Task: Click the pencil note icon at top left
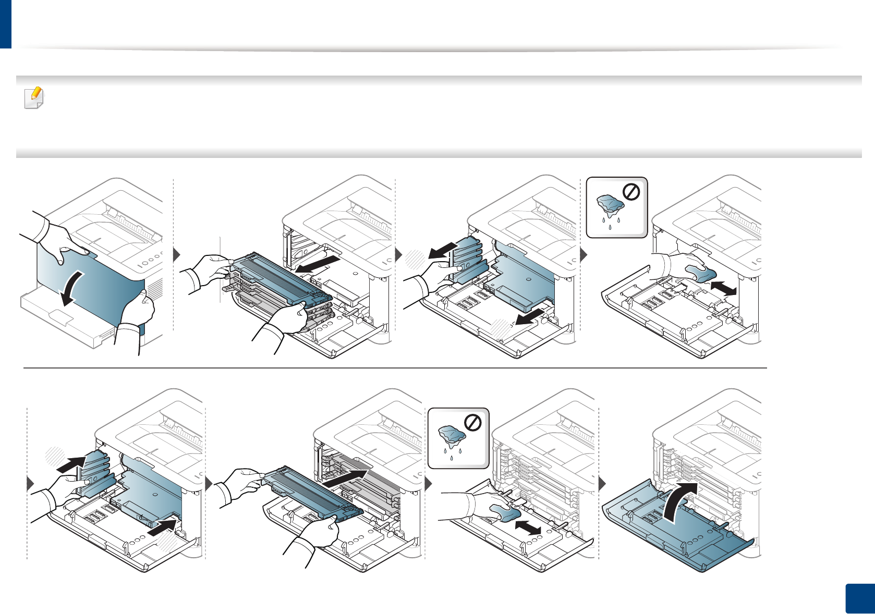pyautogui.click(x=34, y=97)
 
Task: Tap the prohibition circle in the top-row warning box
pyautogui.click(x=631, y=192)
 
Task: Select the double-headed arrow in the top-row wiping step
pyautogui.click(x=724, y=288)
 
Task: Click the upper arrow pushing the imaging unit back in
pyautogui.click(x=70, y=463)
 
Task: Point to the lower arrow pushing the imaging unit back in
pyautogui.click(x=163, y=527)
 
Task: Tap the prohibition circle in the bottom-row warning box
pyautogui.click(x=472, y=423)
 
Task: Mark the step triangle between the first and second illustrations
pyautogui.click(x=176, y=255)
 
